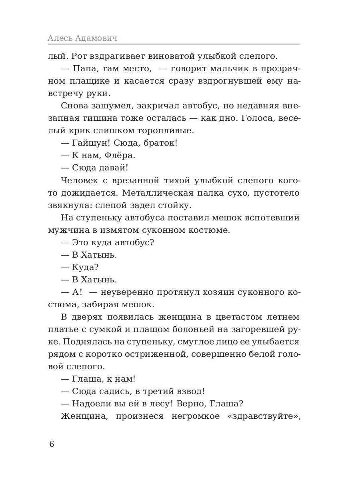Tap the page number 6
coord(51,444)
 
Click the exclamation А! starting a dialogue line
coord(77,292)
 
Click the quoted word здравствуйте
coord(264,416)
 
